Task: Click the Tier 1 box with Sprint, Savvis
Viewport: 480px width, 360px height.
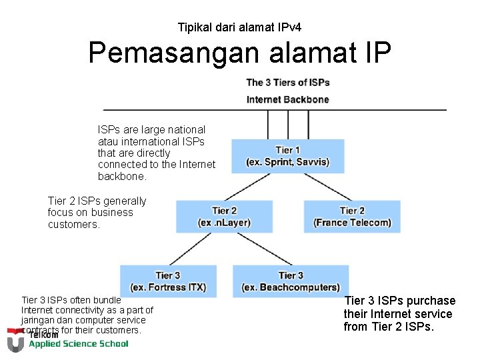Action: [x=287, y=156]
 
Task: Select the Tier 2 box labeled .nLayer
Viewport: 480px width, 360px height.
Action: [x=224, y=217]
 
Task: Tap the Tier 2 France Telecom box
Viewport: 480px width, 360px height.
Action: [x=352, y=217]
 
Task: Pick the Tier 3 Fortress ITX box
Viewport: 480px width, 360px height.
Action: [x=168, y=281]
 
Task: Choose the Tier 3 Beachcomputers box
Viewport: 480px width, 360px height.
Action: [x=291, y=281]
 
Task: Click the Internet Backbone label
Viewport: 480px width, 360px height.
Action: [x=287, y=99]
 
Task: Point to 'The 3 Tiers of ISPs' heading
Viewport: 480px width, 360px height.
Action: [x=287, y=83]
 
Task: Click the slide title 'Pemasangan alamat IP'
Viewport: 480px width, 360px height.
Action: [x=239, y=53]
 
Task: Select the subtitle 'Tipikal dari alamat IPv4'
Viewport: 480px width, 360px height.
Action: [x=239, y=27]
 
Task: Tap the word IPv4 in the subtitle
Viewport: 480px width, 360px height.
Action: [x=288, y=27]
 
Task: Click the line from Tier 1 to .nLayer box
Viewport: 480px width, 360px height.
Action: [x=249, y=187]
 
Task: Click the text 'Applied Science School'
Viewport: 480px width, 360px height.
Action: [x=78, y=344]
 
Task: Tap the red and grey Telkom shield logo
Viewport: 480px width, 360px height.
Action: [x=15, y=339]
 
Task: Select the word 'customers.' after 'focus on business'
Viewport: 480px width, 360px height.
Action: [x=73, y=225]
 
